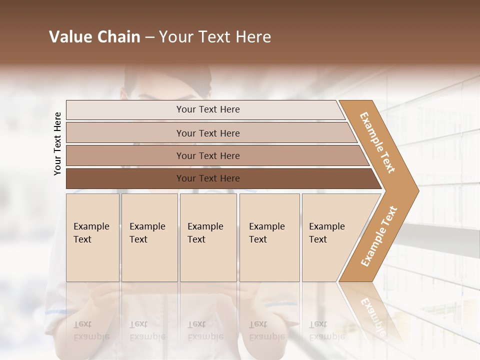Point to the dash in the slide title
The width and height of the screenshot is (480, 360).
(x=149, y=37)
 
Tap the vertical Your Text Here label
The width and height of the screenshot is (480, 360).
(x=57, y=144)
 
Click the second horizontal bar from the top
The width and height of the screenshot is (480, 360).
(x=207, y=133)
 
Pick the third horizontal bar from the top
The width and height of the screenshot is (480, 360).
(x=207, y=155)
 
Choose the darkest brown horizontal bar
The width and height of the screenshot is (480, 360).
(x=207, y=178)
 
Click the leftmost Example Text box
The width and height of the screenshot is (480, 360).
(x=92, y=237)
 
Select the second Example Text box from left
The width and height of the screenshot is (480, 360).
(x=149, y=237)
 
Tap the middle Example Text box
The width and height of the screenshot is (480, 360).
(x=208, y=237)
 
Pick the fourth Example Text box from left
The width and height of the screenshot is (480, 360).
(x=269, y=237)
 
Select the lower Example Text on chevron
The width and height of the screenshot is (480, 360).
(x=379, y=236)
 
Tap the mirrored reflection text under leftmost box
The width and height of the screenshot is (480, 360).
(x=91, y=330)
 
